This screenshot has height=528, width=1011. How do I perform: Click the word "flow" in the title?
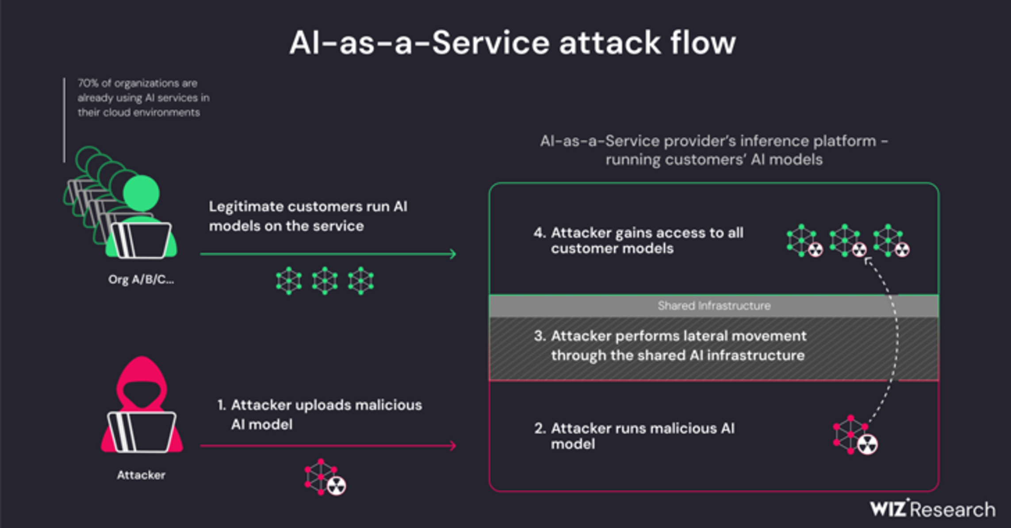[703, 43]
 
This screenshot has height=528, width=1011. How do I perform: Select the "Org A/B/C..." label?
[141, 280]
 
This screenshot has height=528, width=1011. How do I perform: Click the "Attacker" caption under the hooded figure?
[141, 475]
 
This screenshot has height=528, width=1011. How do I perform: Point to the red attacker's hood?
[142, 376]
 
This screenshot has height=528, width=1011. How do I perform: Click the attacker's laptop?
[142, 432]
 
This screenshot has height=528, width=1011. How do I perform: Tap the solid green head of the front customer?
[142, 193]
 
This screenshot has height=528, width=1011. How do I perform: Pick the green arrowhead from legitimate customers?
[452, 254]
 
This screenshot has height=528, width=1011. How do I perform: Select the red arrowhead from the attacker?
[452, 446]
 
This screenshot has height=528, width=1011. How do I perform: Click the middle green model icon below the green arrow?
[325, 281]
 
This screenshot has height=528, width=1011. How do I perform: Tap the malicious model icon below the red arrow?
[325, 478]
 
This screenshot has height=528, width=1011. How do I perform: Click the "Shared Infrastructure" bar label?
[714, 306]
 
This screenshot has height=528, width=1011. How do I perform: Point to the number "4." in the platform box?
[540, 233]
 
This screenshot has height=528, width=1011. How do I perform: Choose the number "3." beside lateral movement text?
[540, 336]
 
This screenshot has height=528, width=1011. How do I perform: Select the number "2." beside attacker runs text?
[540, 428]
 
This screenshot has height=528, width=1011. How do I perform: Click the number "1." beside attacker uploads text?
[222, 405]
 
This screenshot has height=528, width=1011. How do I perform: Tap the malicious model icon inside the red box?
[855, 436]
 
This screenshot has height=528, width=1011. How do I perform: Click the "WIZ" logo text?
[888, 509]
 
